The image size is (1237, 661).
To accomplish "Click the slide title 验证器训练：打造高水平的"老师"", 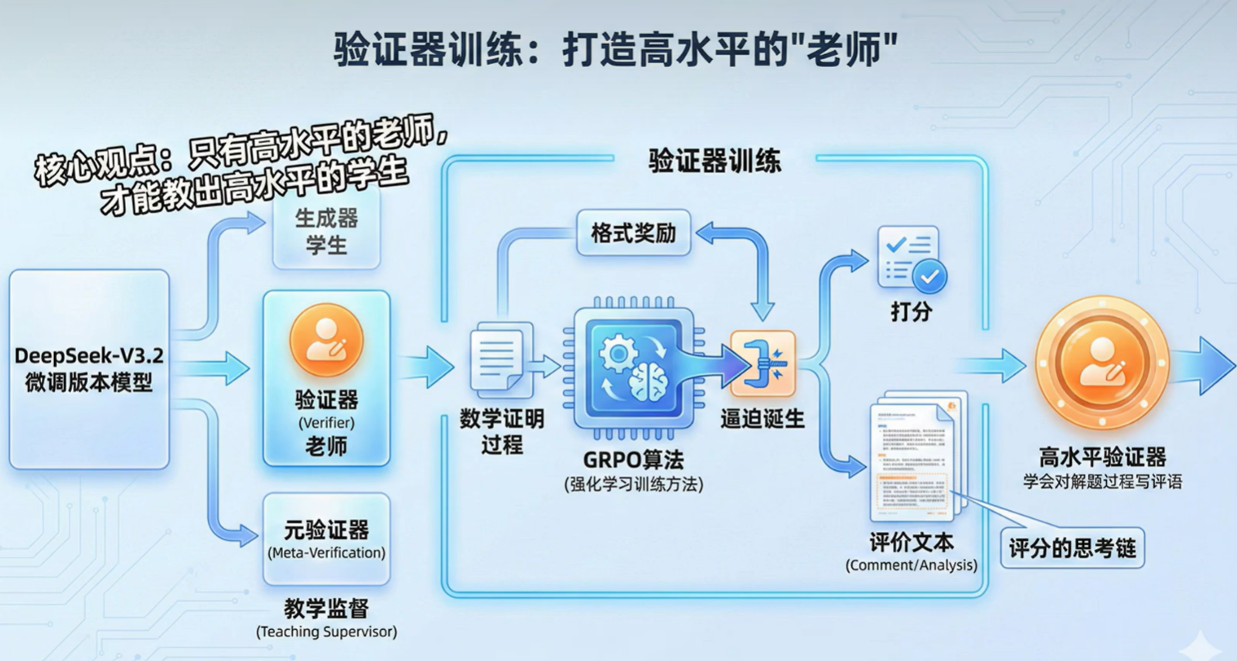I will coord(615,49).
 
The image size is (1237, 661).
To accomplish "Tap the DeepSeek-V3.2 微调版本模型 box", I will coord(89,369).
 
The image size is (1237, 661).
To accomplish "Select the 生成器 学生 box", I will coord(326,231).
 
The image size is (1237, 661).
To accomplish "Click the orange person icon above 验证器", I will coord(326,341).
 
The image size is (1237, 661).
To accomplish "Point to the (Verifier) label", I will coord(326,423).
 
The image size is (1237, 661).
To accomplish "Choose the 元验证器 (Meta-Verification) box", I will coord(326,539).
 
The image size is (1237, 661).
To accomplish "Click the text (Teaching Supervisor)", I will coord(326,632).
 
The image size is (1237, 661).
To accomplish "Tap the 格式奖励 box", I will coord(633,233).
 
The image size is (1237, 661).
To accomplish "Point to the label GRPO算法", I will coord(633,460).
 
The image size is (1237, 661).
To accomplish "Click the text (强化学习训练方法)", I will coord(633,485).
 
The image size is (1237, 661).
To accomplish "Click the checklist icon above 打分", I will coord(912,258).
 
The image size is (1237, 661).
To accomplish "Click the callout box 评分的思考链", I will coord(1072,548).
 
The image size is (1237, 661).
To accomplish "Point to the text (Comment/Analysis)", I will coord(912,565).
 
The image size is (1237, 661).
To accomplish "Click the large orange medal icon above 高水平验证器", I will coord(1102,363).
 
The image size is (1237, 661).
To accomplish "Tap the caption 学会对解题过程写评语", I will coord(1102,482).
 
